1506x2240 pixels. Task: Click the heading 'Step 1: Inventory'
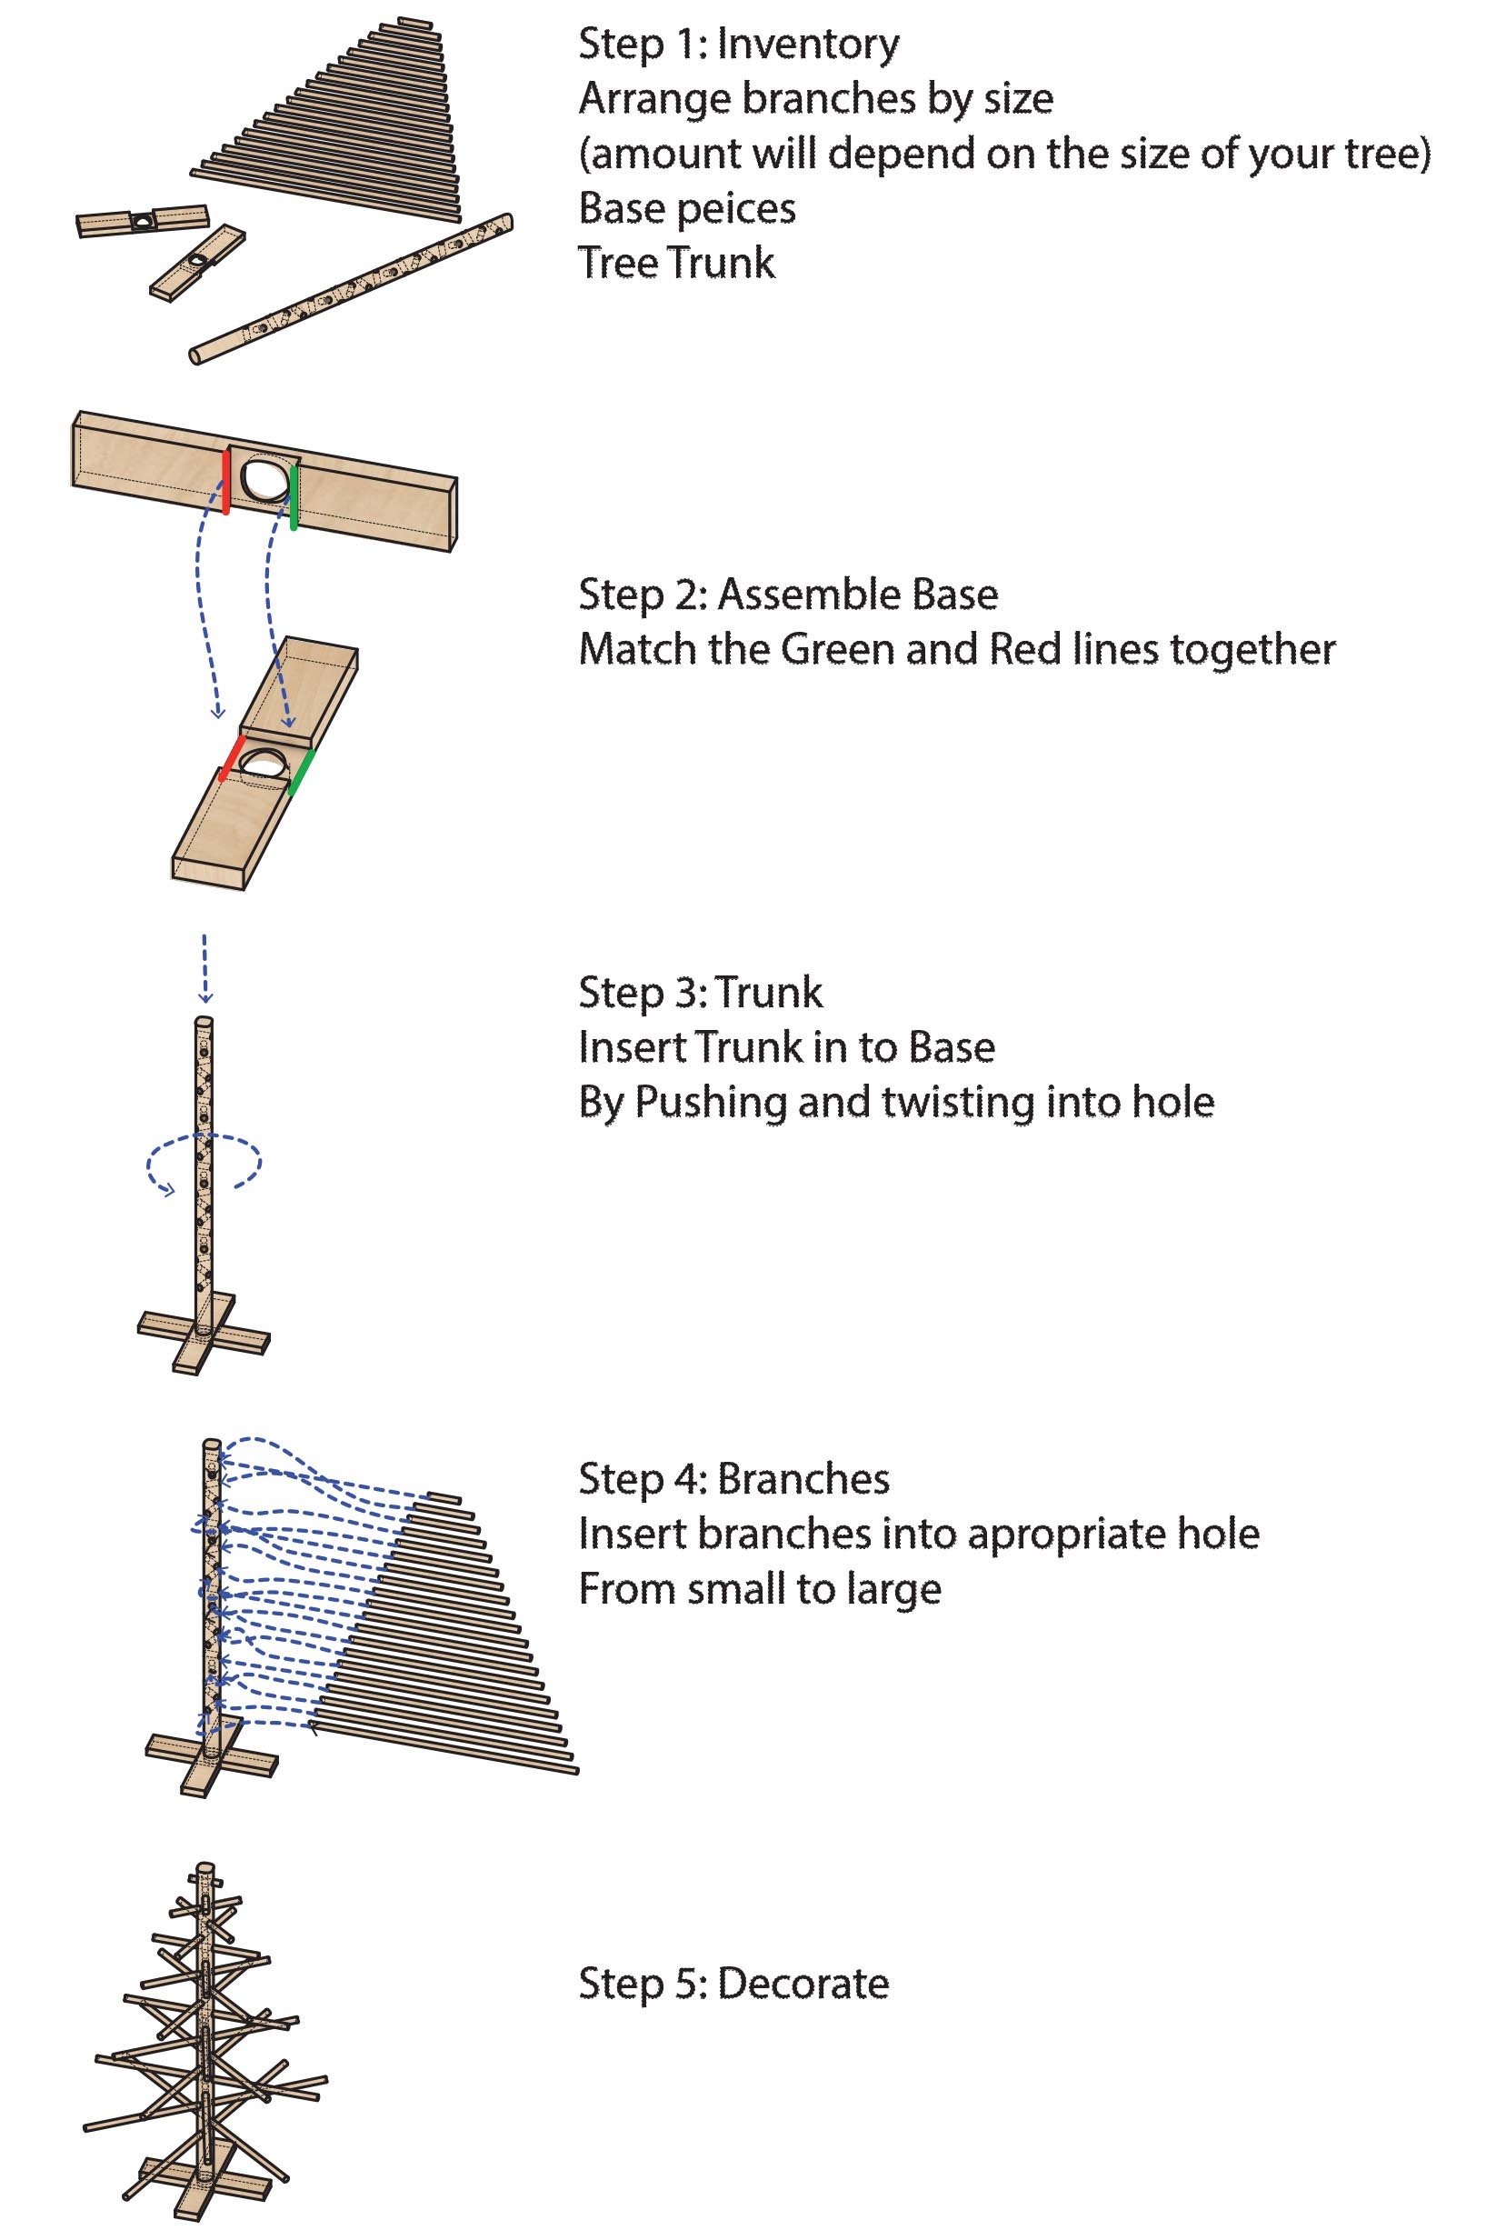[739, 45]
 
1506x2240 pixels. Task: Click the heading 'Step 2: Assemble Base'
[788, 595]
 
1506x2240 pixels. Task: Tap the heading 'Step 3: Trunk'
[700, 992]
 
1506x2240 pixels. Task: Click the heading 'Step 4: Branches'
[733, 1479]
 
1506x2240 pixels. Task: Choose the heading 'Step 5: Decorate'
[733, 1984]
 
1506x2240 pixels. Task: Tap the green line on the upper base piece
[294, 495]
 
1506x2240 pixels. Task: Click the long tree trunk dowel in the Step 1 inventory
[352, 288]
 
